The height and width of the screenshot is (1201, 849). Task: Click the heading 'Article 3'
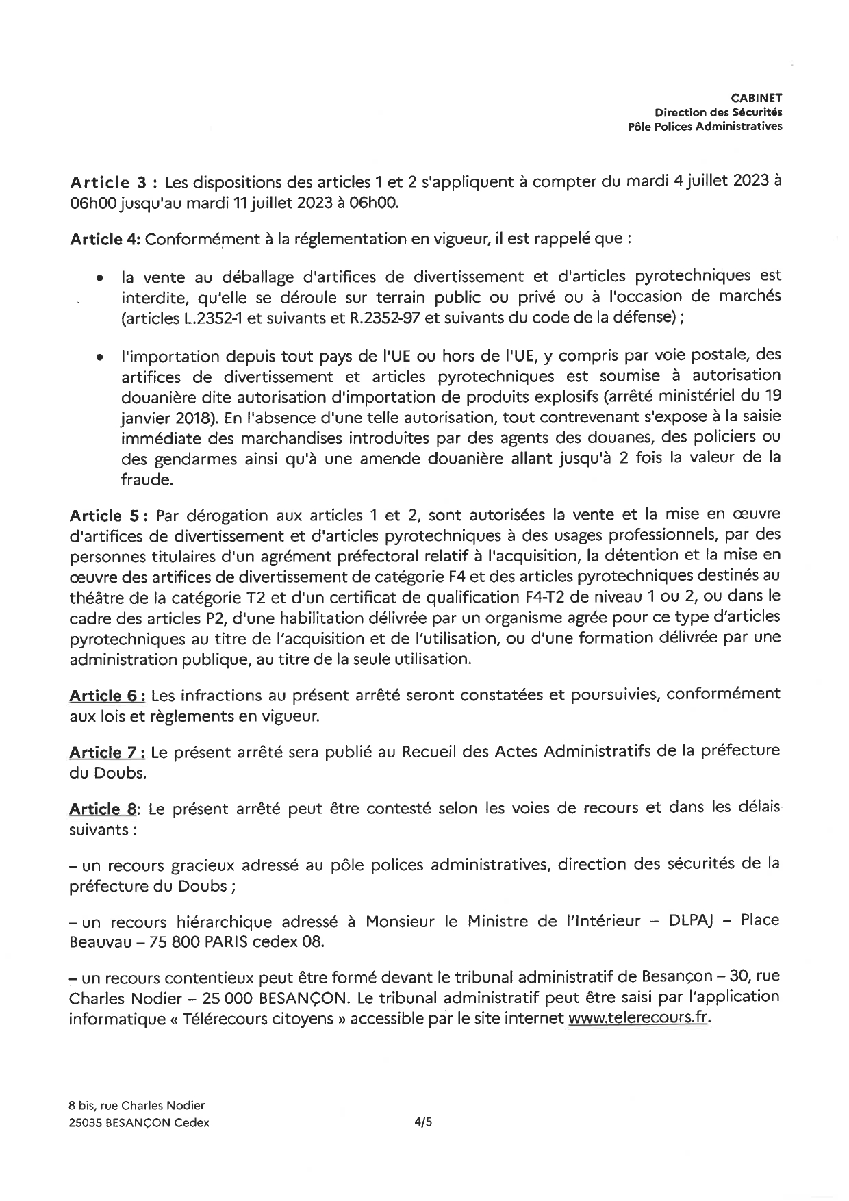(108, 183)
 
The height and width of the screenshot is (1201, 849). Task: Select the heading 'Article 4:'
(105, 240)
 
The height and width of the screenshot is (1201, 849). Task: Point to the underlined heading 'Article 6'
(106, 696)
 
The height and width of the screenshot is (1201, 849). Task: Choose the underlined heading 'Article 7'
(106, 752)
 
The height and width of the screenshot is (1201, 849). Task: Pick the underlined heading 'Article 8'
(103, 809)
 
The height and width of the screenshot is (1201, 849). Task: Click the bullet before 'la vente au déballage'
(100, 279)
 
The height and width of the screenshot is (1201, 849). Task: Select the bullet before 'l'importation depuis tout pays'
(100, 357)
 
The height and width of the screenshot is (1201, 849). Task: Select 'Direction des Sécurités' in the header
(719, 112)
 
